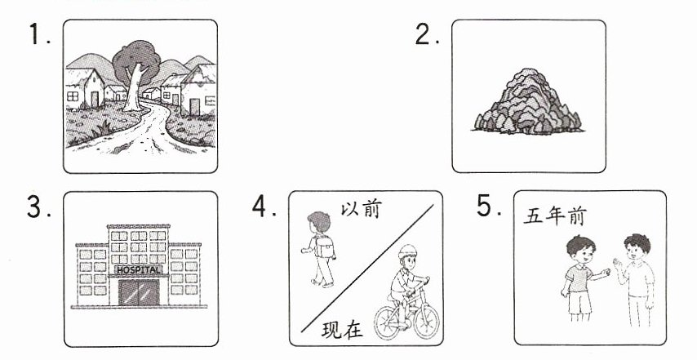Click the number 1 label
tap(39, 34)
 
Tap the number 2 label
tap(427, 33)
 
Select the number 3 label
tap(39, 207)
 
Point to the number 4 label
tap(264, 207)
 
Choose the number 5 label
tap(489, 206)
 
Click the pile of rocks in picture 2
tap(528, 101)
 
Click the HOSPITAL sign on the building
tap(138, 269)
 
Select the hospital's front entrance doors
tap(139, 291)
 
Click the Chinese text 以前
tap(362, 209)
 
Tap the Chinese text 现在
tap(342, 330)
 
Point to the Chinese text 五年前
tap(555, 216)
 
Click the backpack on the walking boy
tap(325, 246)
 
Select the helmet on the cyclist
tap(407, 251)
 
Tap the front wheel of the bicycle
tap(426, 319)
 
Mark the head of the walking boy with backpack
tap(319, 222)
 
